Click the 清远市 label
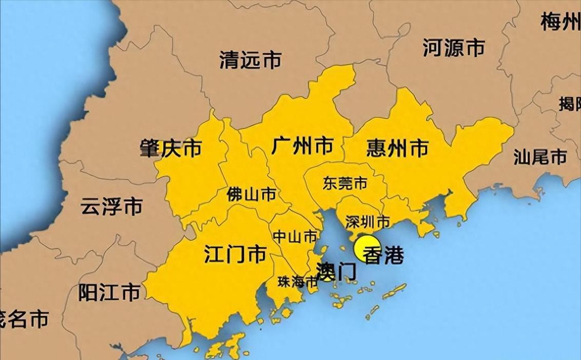click(250, 61)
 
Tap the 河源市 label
click(454, 48)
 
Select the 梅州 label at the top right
click(560, 22)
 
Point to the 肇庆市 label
click(170, 148)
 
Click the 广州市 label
click(302, 146)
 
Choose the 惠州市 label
click(398, 148)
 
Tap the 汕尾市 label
click(540, 157)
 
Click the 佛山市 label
click(251, 194)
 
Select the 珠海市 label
click(298, 282)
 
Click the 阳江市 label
click(109, 292)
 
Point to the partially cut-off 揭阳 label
click(569, 104)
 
